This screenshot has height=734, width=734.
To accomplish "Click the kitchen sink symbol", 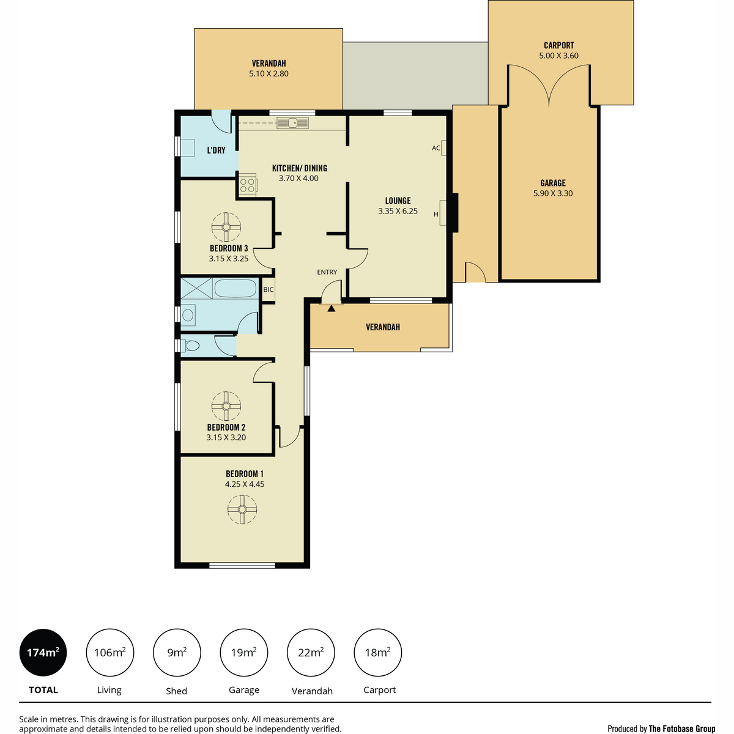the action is click(x=292, y=123).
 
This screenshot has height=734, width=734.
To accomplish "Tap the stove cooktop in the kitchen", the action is click(x=247, y=185).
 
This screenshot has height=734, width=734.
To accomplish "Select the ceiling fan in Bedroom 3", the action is click(x=226, y=228).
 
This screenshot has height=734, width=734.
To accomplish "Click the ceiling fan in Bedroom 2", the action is click(x=226, y=406).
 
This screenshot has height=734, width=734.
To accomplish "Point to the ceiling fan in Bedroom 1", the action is click(x=242, y=510).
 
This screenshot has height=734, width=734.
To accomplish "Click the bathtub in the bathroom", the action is click(x=235, y=289).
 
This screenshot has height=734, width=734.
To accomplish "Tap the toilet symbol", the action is click(x=190, y=346).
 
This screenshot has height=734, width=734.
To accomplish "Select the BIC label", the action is click(x=268, y=289).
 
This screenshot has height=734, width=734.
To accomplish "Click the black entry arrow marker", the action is click(x=332, y=308).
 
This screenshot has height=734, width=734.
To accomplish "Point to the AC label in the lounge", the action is click(x=436, y=148).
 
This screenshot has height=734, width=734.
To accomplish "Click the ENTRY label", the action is click(x=327, y=272).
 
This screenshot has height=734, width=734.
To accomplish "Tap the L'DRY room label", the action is click(x=216, y=150).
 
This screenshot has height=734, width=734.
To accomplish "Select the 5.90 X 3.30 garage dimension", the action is click(x=553, y=193).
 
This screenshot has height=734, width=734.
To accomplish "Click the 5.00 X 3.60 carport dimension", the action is click(x=558, y=56).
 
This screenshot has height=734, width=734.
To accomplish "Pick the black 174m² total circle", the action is click(x=43, y=653).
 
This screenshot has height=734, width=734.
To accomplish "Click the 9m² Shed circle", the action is click(x=177, y=653).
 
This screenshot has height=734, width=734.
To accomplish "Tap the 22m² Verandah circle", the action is click(x=311, y=653).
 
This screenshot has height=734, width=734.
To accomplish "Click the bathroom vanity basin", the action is click(x=188, y=315).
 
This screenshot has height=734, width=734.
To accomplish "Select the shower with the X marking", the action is click(x=196, y=288).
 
